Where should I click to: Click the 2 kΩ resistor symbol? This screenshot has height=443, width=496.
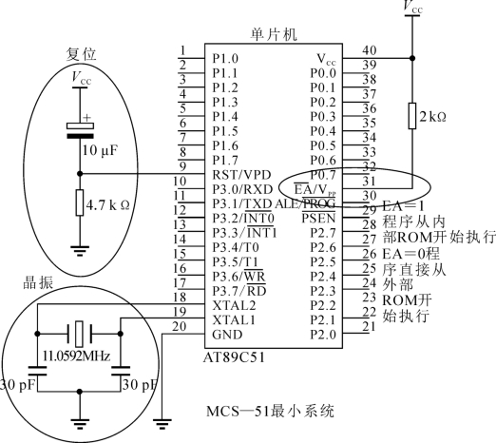point(412,116)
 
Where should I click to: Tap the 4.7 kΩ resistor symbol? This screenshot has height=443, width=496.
point(80,202)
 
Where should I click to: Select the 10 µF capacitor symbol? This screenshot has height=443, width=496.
point(80,131)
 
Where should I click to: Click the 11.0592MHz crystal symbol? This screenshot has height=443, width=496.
point(79,334)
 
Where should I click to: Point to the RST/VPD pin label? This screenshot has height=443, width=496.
point(241,175)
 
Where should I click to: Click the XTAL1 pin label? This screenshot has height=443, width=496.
point(234,320)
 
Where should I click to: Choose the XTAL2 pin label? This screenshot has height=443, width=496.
point(234,305)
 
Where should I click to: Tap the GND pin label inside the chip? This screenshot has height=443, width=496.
point(227,335)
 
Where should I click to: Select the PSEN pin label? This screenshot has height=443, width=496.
point(318,218)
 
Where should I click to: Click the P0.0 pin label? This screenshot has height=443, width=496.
point(323,73)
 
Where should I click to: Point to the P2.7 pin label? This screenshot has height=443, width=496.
point(323,233)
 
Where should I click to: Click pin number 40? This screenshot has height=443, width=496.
point(370,50)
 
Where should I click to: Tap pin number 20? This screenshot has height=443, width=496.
point(179,326)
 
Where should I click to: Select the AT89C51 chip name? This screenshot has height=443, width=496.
point(234,357)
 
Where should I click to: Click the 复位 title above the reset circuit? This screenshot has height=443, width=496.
point(81,54)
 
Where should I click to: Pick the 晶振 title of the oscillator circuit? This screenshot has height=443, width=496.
point(38,282)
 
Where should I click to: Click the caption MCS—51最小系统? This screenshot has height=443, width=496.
point(270,412)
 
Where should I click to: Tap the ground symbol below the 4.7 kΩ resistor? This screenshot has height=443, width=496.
point(80,251)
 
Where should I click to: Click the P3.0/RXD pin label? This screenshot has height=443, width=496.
point(242,189)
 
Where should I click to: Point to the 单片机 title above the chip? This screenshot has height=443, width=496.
point(275,34)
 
